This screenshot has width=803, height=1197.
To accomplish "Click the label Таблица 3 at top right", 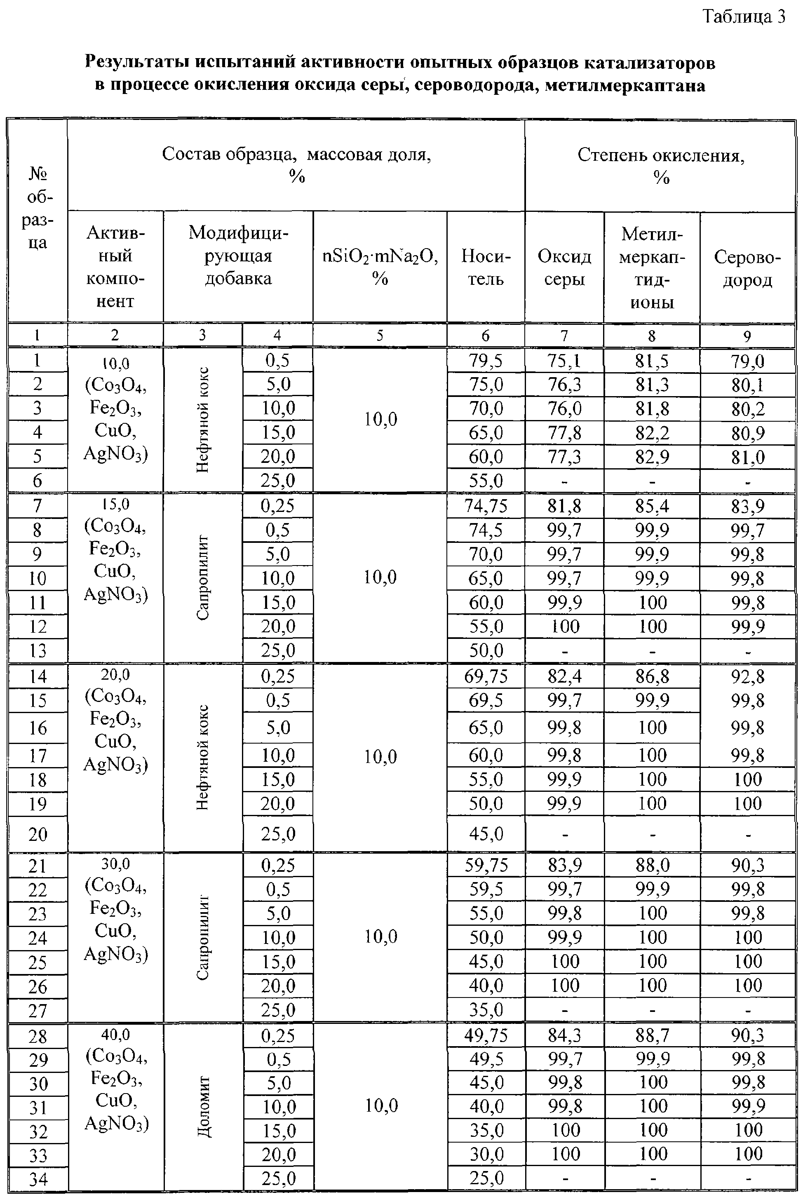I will [x=744, y=17].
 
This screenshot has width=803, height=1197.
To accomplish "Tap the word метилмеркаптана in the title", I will [x=625, y=85].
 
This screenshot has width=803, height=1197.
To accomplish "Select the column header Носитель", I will [x=486, y=267].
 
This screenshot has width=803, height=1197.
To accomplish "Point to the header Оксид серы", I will [x=564, y=267].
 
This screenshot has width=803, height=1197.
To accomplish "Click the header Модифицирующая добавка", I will [x=238, y=256].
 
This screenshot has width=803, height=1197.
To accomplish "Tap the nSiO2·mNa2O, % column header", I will [x=380, y=266].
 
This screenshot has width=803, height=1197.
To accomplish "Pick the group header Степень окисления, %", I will [x=661, y=165].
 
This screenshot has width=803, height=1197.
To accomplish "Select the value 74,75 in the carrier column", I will [x=486, y=506].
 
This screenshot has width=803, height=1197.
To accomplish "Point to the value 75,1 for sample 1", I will [x=564, y=361].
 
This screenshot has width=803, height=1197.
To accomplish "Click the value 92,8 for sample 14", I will [x=747, y=677].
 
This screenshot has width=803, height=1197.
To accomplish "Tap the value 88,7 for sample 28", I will [x=652, y=1035].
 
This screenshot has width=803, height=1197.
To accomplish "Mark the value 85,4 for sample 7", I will [x=652, y=506].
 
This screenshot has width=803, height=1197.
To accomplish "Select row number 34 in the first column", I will [x=38, y=1179].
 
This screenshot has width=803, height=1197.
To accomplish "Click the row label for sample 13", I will [x=38, y=651].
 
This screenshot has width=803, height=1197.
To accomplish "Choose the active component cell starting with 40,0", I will [x=116, y=1078].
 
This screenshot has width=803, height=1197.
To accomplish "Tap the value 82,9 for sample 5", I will [x=652, y=457].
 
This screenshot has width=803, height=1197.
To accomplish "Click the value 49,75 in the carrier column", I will [x=486, y=1035].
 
